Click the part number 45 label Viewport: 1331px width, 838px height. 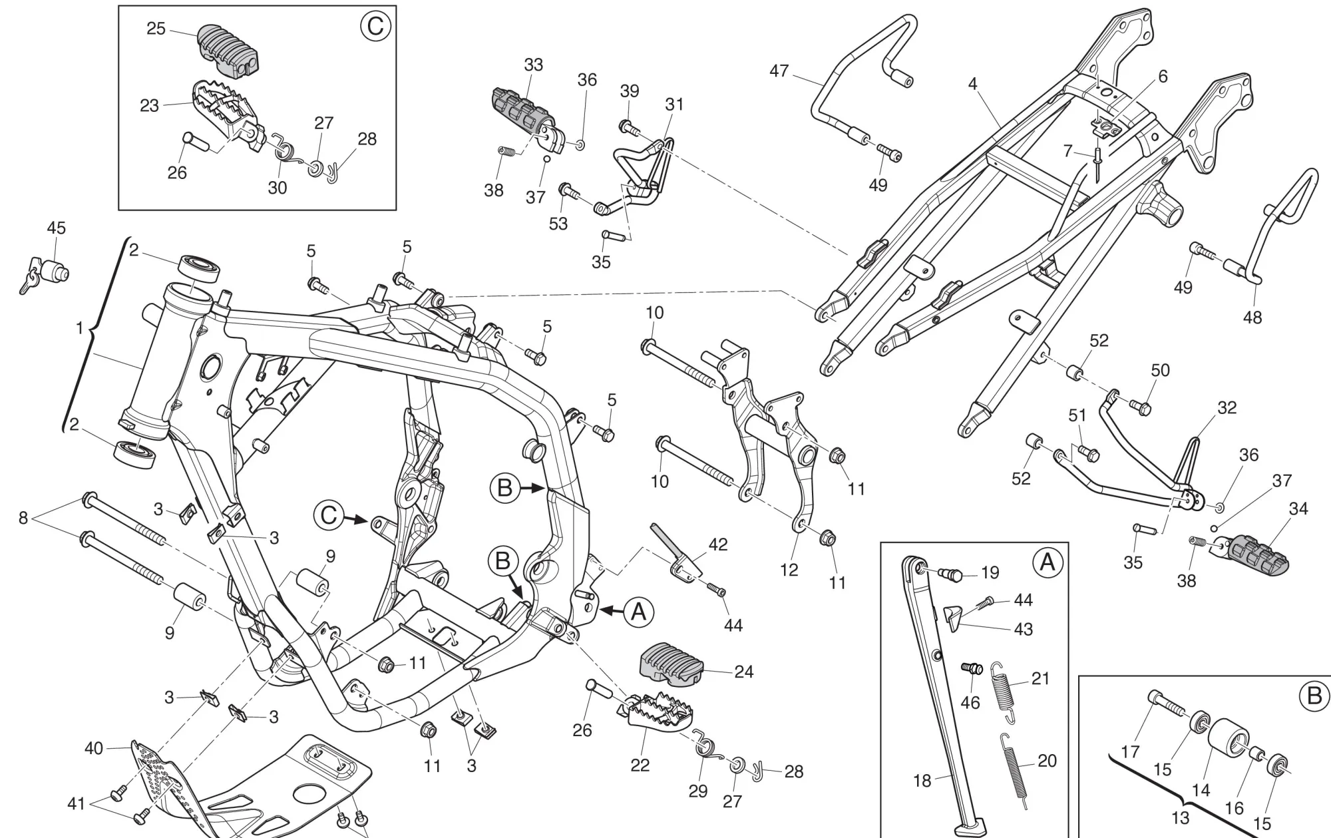click(x=56, y=228)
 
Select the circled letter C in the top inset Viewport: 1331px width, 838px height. click(x=375, y=27)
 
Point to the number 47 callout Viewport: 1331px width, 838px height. click(x=779, y=71)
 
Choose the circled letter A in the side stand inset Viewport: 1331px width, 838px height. click(x=1047, y=563)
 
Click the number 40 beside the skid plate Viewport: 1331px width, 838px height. click(x=94, y=748)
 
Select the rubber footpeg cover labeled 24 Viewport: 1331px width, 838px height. click(x=672, y=664)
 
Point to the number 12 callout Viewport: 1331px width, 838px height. click(x=789, y=570)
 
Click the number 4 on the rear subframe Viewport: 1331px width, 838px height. click(x=973, y=85)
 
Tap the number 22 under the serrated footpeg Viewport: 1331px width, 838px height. click(x=640, y=765)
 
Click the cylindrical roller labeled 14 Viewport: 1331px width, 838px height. click(x=1229, y=743)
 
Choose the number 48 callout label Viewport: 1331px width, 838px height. click(x=1252, y=317)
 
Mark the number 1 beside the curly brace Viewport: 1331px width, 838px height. click(x=80, y=329)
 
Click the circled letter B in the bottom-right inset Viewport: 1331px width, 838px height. click(x=1314, y=696)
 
